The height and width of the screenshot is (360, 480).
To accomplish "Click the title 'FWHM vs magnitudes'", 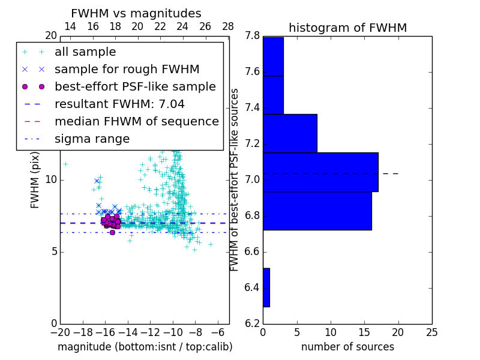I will pyautogui.click(x=136, y=14).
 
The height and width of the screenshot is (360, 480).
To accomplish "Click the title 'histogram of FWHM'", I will pyautogui.click(x=347, y=28).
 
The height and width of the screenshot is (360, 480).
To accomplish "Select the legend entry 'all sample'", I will pyautogui.click(x=85, y=52).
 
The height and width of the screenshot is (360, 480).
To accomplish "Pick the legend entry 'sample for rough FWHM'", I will pyautogui.click(x=127, y=69).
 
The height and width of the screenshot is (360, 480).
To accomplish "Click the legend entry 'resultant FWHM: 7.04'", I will pyautogui.click(x=119, y=104).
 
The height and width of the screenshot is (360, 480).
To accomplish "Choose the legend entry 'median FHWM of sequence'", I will pyautogui.click(x=136, y=121).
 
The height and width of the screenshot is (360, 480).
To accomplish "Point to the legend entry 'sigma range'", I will pyautogui.click(x=92, y=139).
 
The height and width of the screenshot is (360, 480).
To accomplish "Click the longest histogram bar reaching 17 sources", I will pyautogui.click(x=320, y=172).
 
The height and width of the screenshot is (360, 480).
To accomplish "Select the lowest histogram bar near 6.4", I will pyautogui.click(x=266, y=287).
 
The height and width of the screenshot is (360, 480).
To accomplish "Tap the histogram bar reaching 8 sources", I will pyautogui.click(x=290, y=133).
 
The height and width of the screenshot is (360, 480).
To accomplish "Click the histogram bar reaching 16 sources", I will pyautogui.click(x=317, y=211).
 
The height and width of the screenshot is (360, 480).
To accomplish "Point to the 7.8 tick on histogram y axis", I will pyautogui.click(x=253, y=37).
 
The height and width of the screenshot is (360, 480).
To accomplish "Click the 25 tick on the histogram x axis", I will pyautogui.click(x=431, y=332).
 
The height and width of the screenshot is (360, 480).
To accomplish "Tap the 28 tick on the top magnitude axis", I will pyautogui.click(x=228, y=26).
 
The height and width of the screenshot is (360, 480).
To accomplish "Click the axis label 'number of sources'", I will pyautogui.click(x=347, y=347).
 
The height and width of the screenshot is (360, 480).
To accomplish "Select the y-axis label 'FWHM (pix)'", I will pyautogui.click(x=35, y=180).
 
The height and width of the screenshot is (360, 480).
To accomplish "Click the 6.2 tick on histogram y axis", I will pyautogui.click(x=253, y=323).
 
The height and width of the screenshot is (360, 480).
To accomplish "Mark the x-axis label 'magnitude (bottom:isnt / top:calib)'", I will pyautogui.click(x=145, y=347).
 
